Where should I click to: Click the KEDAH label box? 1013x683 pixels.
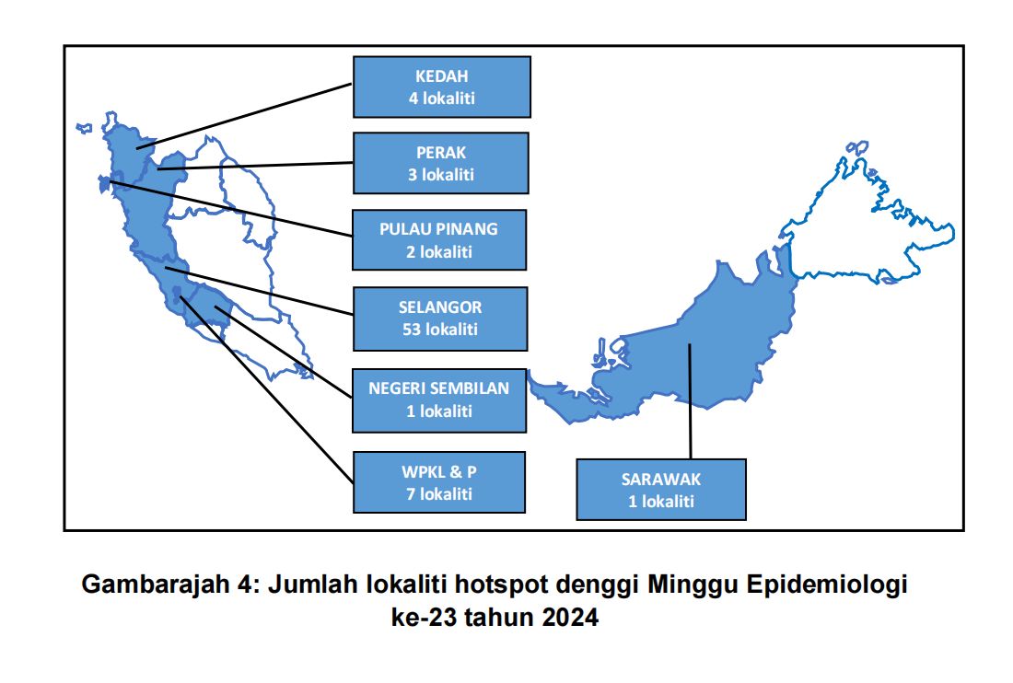pos(442,87)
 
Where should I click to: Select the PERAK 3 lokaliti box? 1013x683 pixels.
pos(441,163)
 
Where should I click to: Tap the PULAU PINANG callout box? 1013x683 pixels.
pos(439,240)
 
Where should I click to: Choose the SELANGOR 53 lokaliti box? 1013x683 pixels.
pos(440,318)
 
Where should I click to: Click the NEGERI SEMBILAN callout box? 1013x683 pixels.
pos(439,400)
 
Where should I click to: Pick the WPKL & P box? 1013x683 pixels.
pos(439,482)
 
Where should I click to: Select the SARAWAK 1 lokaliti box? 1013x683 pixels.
pos(661,490)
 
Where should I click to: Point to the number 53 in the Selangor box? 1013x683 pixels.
pos(411,330)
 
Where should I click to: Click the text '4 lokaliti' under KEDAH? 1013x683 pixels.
pos(442,98)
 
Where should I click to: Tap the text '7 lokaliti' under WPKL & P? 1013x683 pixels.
pos(439,494)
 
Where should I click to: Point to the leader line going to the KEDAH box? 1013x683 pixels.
pos(244,116)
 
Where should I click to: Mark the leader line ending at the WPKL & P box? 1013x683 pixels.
pos(266,389)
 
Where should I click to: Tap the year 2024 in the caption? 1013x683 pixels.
pos(570,617)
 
